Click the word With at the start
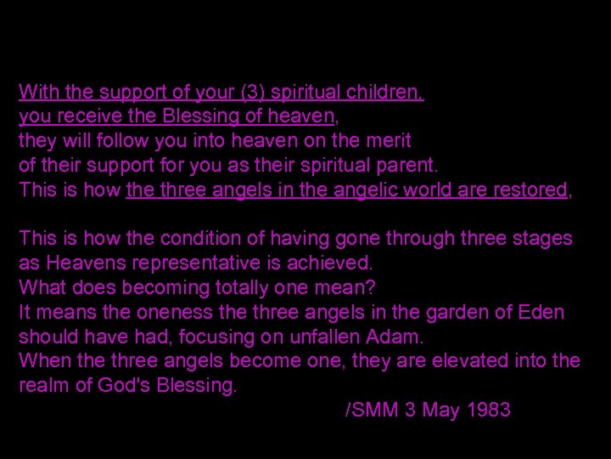tap(37, 91)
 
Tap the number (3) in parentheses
tap(256, 91)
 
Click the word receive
tap(87, 116)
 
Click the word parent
tap(407, 165)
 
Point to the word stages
tap(541, 239)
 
